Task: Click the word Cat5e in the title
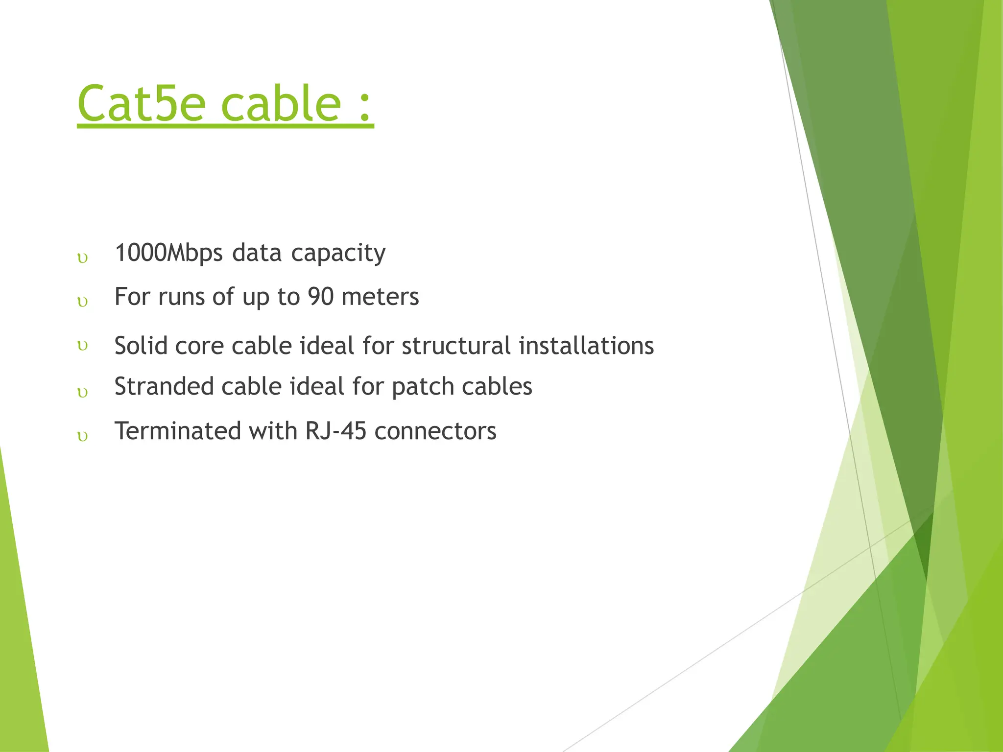point(141,103)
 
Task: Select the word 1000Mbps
point(168,253)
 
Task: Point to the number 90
point(321,297)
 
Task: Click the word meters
point(380,297)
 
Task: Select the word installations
point(586,346)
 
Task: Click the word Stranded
point(164,386)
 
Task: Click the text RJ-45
point(336,431)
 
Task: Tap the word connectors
point(435,431)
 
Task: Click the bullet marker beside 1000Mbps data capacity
point(83,258)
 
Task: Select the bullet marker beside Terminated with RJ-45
point(83,436)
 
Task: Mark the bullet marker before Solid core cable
point(83,346)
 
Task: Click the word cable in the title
point(281,103)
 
